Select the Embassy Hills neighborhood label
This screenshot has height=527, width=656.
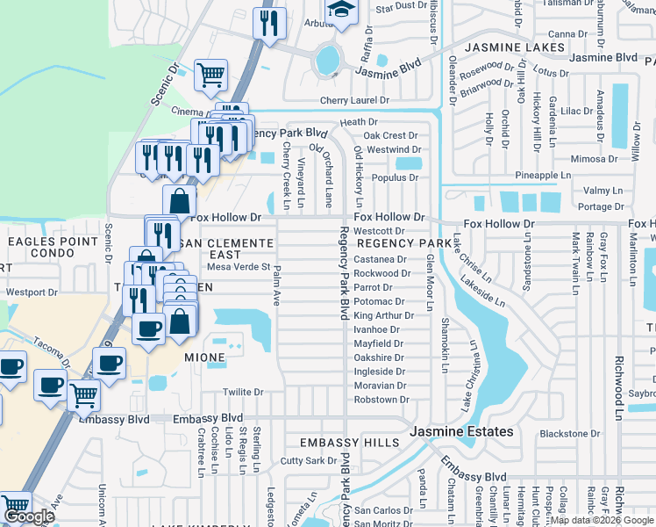[x=349, y=443]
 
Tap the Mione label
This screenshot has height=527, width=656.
[x=205, y=358]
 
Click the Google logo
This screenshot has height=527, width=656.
[x=29, y=516]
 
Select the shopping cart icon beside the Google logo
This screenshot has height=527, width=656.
[x=15, y=507]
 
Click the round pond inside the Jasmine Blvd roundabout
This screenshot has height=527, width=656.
[x=326, y=60]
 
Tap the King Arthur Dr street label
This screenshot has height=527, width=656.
[x=383, y=315]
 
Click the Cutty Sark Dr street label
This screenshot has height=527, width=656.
[x=308, y=460]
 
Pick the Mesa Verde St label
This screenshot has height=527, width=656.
[x=238, y=266]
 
